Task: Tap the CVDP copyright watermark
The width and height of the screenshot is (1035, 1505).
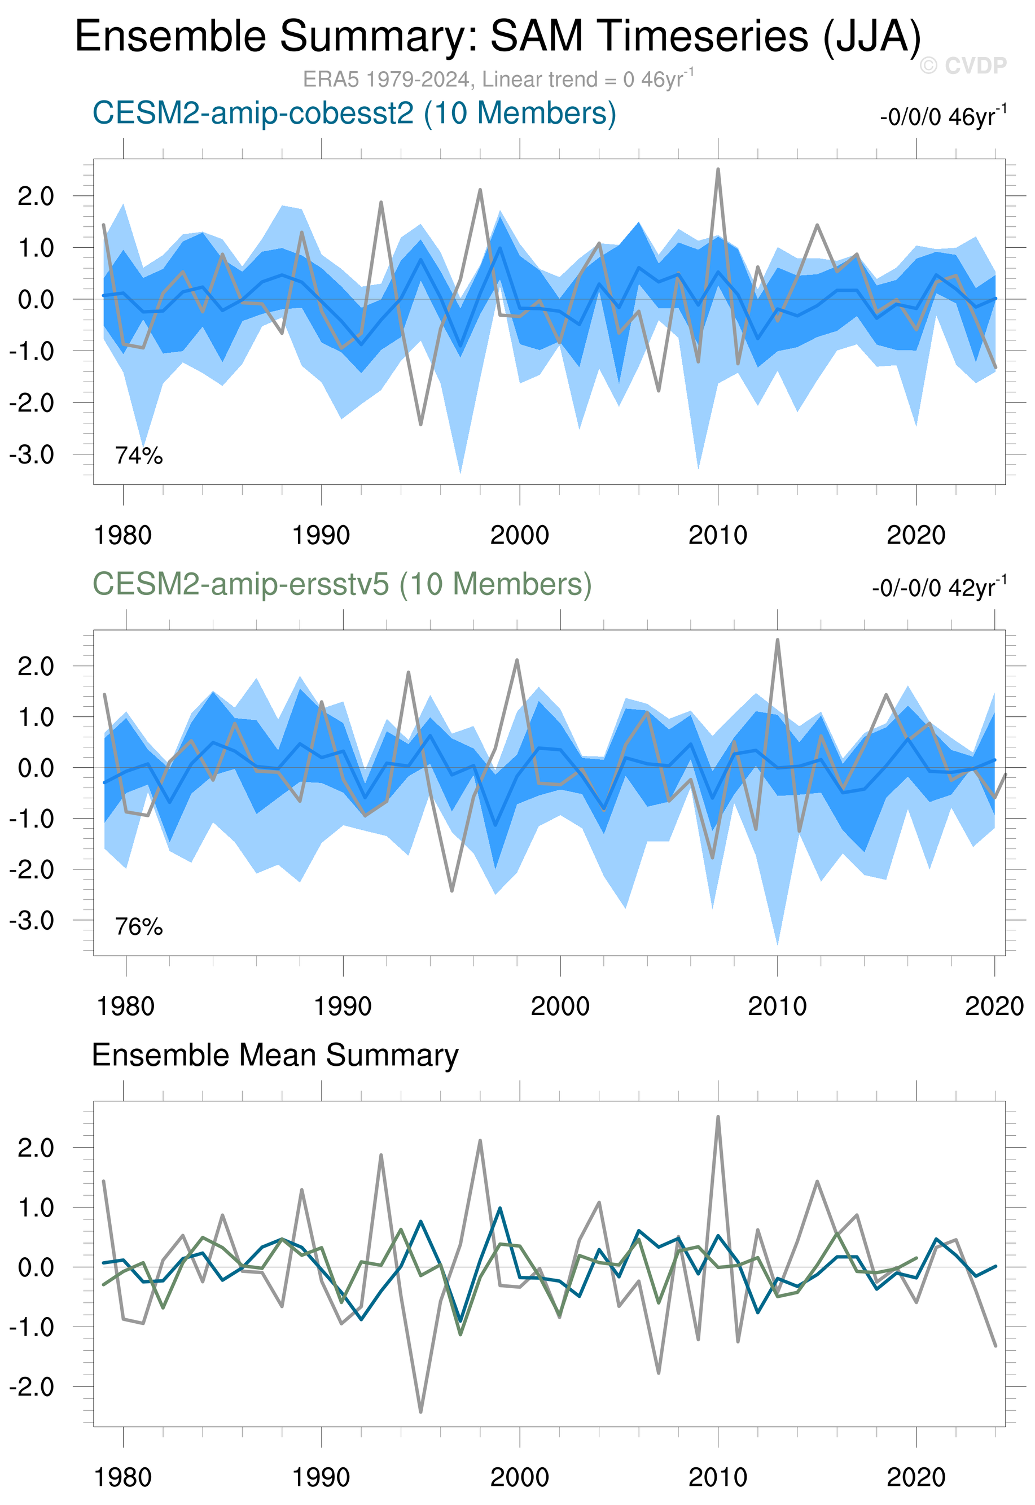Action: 963,65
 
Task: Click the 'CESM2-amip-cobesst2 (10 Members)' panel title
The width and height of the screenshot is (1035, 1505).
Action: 354,113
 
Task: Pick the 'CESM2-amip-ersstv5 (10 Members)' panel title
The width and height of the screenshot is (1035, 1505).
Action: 342,584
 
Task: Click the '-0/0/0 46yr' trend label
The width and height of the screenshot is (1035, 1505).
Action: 942,117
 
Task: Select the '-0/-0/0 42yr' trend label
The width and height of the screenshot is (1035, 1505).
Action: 938,588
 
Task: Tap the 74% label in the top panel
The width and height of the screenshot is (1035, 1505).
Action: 139,456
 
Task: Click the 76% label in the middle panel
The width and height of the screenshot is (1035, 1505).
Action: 139,927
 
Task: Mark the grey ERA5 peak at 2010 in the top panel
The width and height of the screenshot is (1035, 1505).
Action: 718,169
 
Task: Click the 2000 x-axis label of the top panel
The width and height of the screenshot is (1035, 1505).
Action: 519,535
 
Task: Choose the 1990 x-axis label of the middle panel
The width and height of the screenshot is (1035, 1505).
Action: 343,1006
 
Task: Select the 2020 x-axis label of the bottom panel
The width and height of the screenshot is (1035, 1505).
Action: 916,1477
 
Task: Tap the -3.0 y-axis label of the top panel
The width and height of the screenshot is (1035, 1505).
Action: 31,455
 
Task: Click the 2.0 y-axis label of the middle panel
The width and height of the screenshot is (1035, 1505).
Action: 36,666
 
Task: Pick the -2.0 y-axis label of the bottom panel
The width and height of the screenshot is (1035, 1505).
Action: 31,1387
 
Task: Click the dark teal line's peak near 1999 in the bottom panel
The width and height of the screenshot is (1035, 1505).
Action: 500,1208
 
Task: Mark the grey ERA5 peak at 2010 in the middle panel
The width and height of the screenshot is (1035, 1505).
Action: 777,640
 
